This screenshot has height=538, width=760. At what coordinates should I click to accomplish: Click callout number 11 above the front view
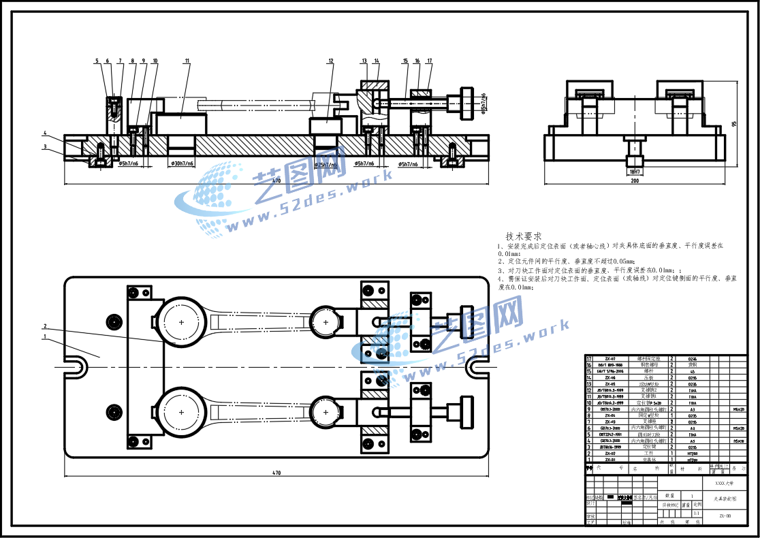pyautogui.click(x=187, y=61)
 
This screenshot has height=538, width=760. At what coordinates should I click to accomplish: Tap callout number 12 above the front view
pyautogui.click(x=331, y=61)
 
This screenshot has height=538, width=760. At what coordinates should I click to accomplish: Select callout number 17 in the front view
pyautogui.click(x=430, y=61)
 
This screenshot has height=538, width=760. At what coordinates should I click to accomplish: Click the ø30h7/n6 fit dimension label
pyautogui.click(x=180, y=164)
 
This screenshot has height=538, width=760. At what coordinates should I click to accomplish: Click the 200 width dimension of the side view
pyautogui.click(x=635, y=181)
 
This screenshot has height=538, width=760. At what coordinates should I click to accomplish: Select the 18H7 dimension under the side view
pyautogui.click(x=635, y=172)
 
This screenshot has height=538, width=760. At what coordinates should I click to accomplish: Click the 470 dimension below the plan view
pyautogui.click(x=276, y=473)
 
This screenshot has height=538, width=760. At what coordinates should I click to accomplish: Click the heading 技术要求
pyautogui.click(x=523, y=236)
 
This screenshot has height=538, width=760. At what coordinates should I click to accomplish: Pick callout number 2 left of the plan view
pyautogui.click(x=45, y=326)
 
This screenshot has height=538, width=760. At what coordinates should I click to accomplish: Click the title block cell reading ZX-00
pyautogui.click(x=725, y=516)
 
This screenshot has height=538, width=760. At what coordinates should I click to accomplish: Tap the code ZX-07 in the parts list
pyautogui.click(x=610, y=358)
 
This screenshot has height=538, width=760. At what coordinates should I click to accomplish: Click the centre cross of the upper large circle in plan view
pyautogui.click(x=182, y=321)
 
